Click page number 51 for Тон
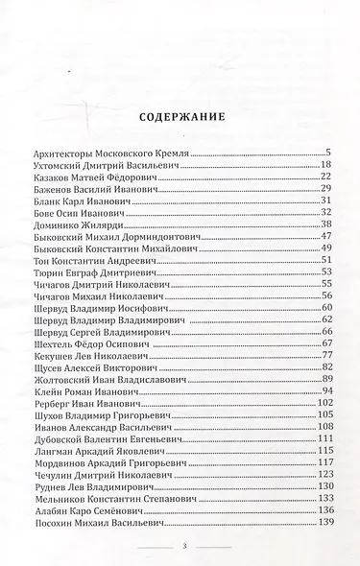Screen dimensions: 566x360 pos(325,259)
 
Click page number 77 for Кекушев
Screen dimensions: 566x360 pos(325,353)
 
